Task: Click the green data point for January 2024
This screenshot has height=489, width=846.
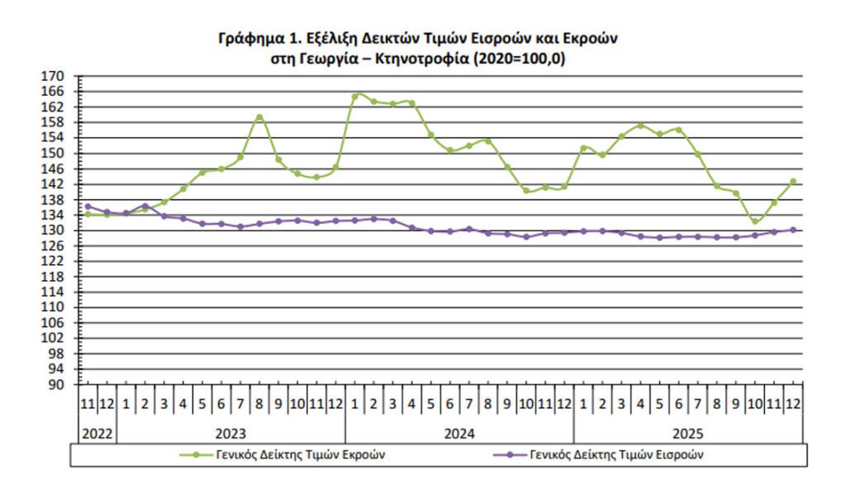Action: point(355,96)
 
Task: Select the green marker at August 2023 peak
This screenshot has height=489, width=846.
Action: point(259,117)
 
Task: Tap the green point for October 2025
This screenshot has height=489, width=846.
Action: point(754,221)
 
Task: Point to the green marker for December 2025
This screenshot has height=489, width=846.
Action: point(793,182)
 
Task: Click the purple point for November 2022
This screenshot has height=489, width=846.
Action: point(88,207)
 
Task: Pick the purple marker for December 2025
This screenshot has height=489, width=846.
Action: point(793,230)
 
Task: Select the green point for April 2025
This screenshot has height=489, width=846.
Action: point(640,126)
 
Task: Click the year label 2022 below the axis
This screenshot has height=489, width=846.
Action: point(97,432)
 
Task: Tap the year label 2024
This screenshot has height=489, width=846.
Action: point(459,432)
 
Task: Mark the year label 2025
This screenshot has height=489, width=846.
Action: point(687,432)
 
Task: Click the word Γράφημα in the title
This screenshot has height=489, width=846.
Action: point(247,39)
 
